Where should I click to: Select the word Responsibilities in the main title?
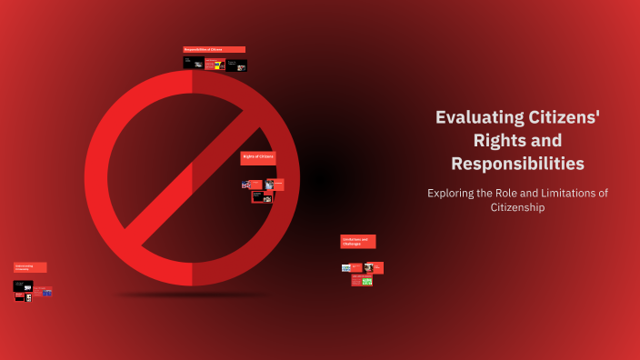tap(517, 164)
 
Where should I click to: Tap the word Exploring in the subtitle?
tap(457, 193)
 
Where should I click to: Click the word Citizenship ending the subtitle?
tap(517, 208)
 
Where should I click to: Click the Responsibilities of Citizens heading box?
tap(214, 49)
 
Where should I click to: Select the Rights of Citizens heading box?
tap(258, 157)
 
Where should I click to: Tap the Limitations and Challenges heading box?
tap(357, 241)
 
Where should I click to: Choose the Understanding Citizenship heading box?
tap(29, 267)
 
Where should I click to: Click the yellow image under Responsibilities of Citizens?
tap(219, 65)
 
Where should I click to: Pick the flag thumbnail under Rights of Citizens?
tap(245, 185)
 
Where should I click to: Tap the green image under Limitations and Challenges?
tap(367, 281)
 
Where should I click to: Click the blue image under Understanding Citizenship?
tap(48, 292)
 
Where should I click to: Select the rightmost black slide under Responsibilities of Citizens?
tap(237, 65)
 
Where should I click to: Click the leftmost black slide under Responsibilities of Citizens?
tap(193, 63)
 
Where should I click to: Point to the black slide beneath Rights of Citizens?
tap(262, 195)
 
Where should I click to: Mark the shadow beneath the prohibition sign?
tap(192, 295)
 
